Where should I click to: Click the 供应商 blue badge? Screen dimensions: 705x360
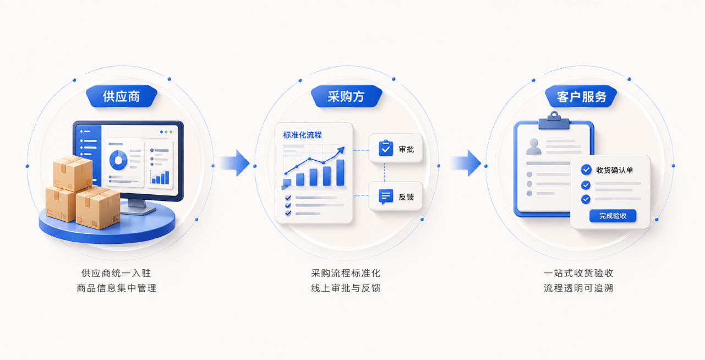[x=122, y=96]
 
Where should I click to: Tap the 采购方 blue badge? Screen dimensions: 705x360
[x=347, y=96]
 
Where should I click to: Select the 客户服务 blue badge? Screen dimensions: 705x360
[x=581, y=96]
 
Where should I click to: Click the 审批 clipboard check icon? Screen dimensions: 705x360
[x=386, y=148]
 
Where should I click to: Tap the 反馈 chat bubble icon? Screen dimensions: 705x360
[x=386, y=197]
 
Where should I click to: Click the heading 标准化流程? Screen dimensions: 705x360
[x=303, y=135]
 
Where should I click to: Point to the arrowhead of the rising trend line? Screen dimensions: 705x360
[x=341, y=150]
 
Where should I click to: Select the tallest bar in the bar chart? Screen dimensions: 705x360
[x=340, y=172]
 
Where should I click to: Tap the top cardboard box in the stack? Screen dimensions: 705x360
[x=73, y=173]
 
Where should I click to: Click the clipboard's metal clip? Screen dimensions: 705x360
[x=554, y=121]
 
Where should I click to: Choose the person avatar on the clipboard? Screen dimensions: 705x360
[x=534, y=146]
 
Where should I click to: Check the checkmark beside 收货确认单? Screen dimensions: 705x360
[x=586, y=170]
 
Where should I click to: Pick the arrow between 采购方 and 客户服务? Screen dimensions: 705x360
[x=466, y=163]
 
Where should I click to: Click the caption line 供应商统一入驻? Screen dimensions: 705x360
[x=116, y=273]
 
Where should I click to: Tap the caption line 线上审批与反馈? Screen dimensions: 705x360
[x=346, y=288]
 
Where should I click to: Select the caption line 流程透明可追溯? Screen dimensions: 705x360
[x=578, y=288]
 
